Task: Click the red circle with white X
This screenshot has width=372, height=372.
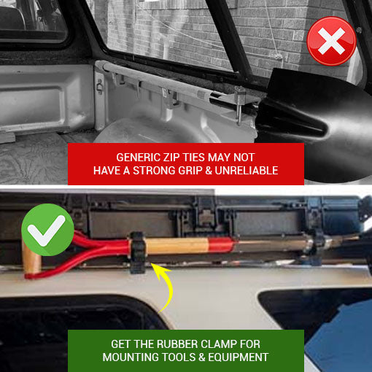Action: (331, 41)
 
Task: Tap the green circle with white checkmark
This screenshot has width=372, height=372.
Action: (47, 230)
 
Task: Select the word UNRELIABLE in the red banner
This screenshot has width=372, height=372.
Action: (247, 171)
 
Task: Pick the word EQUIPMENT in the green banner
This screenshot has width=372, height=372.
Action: (239, 357)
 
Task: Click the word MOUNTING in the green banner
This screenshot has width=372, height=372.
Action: (131, 357)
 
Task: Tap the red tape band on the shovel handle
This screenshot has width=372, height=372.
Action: (221, 245)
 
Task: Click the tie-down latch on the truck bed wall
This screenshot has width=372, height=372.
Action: (99, 86)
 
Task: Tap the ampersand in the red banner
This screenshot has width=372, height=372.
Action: (209, 171)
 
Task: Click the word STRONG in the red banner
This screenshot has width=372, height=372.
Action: (155, 171)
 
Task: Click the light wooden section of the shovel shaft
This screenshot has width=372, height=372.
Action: (177, 246)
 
